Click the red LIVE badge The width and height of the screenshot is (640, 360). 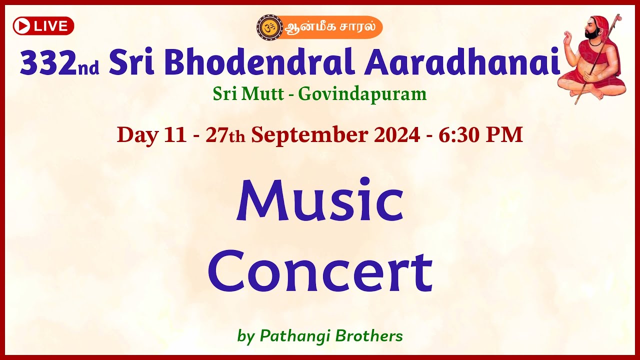click(43, 26)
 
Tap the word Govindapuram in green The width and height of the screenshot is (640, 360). click(362, 93)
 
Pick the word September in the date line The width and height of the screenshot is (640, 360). click(335, 135)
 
